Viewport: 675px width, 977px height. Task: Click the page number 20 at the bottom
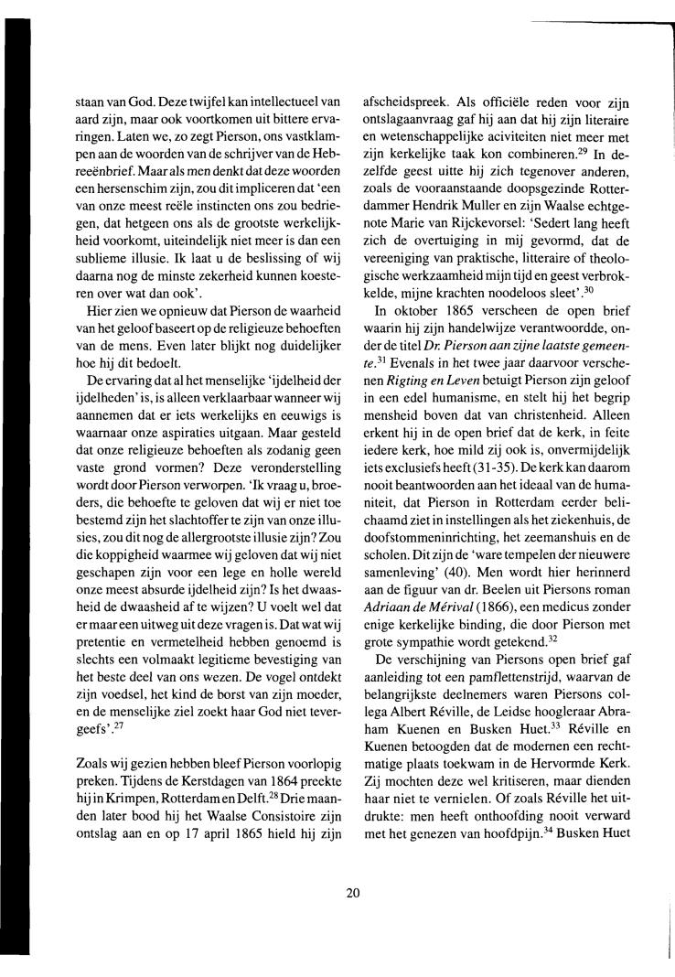pos(353,894)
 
